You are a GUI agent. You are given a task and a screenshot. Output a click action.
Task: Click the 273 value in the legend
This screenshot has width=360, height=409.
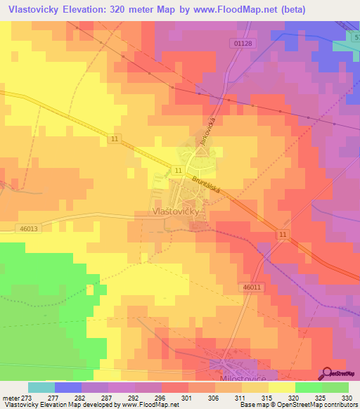[x=27, y=397]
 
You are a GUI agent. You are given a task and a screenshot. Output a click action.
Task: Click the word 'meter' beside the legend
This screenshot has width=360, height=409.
[x=10, y=397]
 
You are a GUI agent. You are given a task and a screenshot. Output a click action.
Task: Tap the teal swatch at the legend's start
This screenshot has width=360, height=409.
[x=41, y=387]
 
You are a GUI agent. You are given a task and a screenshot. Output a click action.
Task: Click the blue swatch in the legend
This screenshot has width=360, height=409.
[x=67, y=387]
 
